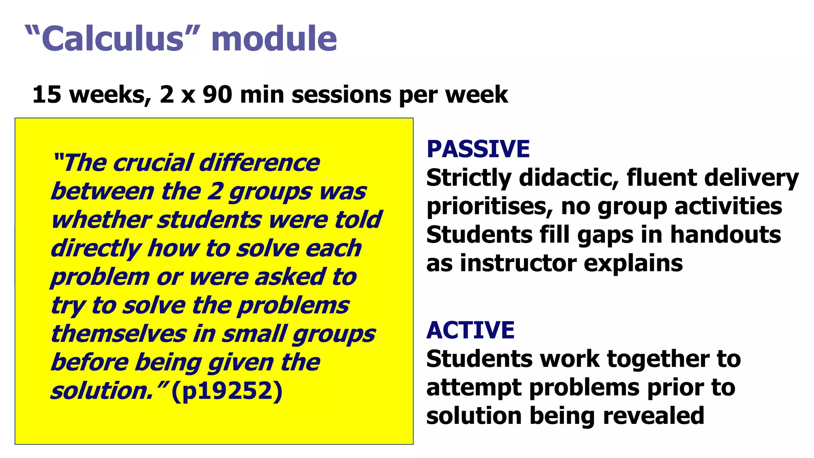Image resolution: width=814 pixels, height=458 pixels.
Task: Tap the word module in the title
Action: click(274, 39)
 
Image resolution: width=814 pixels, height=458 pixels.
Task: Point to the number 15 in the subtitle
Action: click(47, 95)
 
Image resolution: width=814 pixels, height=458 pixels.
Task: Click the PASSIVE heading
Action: click(478, 149)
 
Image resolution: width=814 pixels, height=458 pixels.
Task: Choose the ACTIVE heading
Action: click(471, 330)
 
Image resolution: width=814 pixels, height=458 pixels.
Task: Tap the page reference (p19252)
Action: click(227, 391)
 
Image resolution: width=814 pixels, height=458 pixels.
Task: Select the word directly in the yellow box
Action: click(96, 249)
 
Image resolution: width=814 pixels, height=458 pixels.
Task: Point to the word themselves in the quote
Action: click(118, 334)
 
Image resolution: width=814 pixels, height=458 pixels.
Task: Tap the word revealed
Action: click(653, 416)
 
